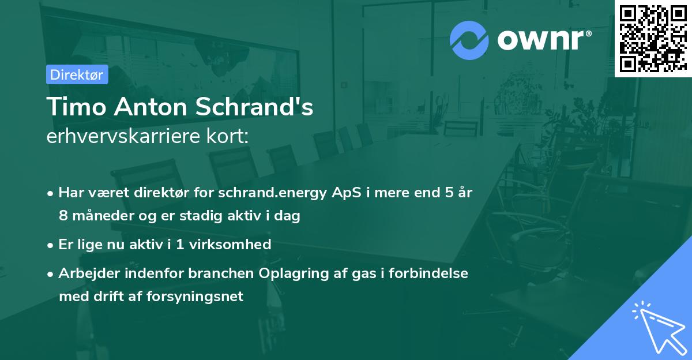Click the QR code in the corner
(653, 38)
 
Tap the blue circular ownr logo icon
(469, 40)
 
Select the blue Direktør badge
(77, 74)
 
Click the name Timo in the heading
(72, 108)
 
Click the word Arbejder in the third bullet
(85, 273)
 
